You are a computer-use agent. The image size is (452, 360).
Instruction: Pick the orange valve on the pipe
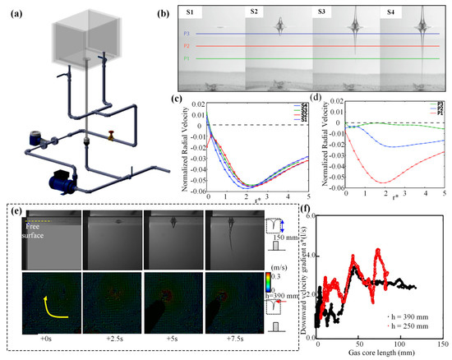click(x=108, y=132)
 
